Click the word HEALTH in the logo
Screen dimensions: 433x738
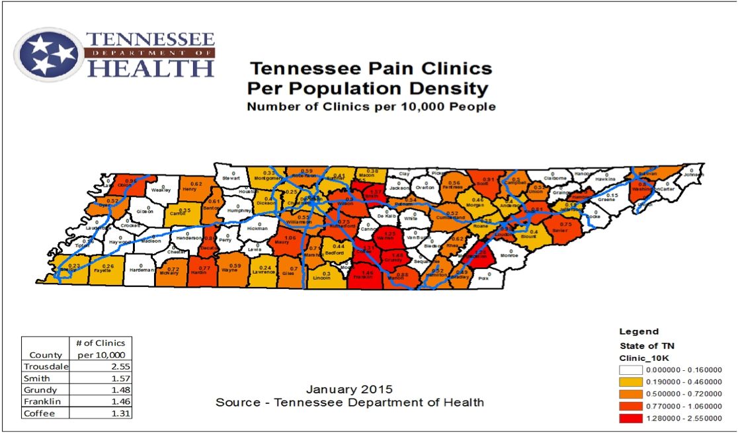(x=151, y=67)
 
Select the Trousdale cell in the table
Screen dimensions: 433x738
(x=46, y=366)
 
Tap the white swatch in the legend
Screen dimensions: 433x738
(x=630, y=370)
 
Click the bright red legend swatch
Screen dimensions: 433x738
(x=630, y=418)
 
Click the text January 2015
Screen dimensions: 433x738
(x=349, y=389)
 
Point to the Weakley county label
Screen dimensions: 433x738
(x=161, y=190)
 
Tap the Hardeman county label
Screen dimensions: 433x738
(x=142, y=270)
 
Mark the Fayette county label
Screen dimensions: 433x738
(x=103, y=270)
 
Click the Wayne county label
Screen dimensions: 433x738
(x=229, y=270)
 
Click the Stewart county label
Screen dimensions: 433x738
(x=231, y=178)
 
